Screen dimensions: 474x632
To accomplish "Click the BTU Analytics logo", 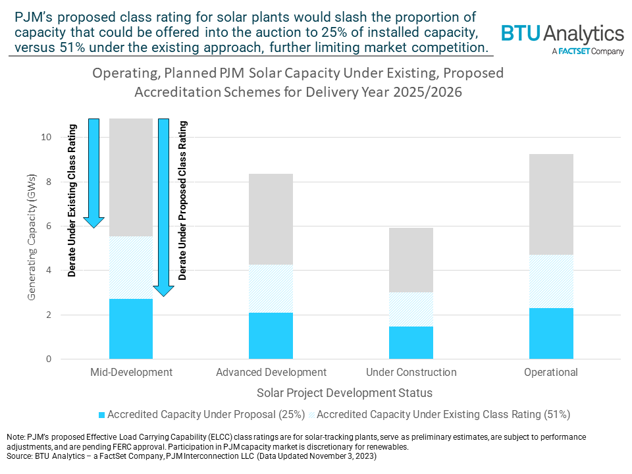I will click(x=562, y=34).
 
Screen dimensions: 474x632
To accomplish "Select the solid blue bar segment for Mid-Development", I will click(x=130, y=329).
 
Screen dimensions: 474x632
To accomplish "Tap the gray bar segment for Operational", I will click(x=551, y=204).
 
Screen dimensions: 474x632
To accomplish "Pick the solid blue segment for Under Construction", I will click(x=411, y=342).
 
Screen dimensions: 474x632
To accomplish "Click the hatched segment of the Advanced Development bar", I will click(x=271, y=288).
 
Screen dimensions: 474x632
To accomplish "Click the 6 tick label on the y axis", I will click(x=48, y=226).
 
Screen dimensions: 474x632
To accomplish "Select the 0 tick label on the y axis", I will click(x=48, y=359).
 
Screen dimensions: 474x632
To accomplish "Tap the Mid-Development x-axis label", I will click(x=131, y=373).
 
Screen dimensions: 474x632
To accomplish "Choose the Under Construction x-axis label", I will click(x=411, y=373).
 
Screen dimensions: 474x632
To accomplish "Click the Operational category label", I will click(x=551, y=373).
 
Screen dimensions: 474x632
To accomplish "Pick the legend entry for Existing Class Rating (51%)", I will click(x=442, y=415).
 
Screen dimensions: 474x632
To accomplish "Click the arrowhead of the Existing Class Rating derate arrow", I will click(x=94, y=221).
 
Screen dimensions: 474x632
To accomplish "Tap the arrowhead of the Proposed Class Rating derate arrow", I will click(x=163, y=290).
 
